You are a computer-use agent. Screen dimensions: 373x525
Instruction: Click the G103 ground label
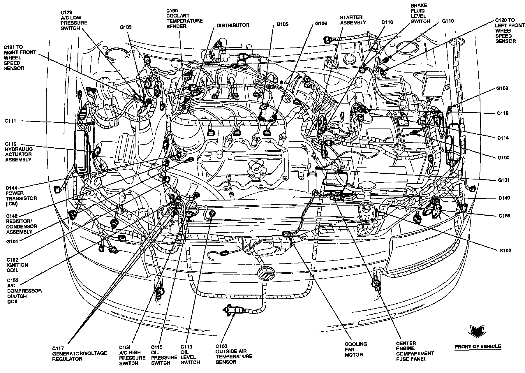126,27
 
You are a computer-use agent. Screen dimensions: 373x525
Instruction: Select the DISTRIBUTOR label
232,25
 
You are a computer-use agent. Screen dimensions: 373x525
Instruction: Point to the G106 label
321,23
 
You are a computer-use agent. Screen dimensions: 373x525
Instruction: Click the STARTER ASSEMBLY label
353,20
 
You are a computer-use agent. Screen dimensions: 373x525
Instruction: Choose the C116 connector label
387,22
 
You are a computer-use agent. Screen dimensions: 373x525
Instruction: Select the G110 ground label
448,21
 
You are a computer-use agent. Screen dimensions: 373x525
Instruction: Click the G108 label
502,88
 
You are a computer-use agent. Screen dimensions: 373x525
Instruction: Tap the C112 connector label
503,113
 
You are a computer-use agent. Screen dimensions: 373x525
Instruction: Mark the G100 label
503,158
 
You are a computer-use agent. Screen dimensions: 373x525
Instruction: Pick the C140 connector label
504,198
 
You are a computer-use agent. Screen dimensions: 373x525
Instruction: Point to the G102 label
505,251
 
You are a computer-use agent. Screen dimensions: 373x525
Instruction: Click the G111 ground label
10,121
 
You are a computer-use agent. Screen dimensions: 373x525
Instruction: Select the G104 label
12,242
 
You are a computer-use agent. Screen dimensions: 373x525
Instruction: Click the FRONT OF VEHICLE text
478,346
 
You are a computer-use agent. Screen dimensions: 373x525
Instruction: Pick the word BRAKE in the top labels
418,6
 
